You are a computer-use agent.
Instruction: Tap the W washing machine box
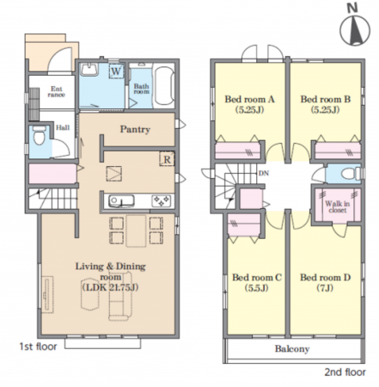click(x=116, y=71)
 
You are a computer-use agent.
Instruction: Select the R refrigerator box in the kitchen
click(x=167, y=159)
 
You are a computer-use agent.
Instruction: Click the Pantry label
click(x=135, y=130)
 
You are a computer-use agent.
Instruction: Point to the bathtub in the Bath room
click(x=164, y=85)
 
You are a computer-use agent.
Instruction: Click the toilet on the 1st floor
click(x=39, y=136)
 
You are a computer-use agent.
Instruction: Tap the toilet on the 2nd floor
click(x=351, y=174)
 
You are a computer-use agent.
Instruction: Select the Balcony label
click(x=292, y=349)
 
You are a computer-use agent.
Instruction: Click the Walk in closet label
click(x=338, y=206)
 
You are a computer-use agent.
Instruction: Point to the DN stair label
click(x=264, y=173)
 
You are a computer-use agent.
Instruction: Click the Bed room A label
click(x=249, y=99)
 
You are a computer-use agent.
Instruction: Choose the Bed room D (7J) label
click(x=325, y=282)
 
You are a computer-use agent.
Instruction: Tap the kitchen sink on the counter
click(x=121, y=201)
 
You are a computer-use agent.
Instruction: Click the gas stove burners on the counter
click(x=161, y=200)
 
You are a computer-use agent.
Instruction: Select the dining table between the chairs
click(x=136, y=230)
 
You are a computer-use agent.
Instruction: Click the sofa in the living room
click(x=119, y=296)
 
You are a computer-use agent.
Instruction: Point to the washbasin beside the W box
click(x=89, y=69)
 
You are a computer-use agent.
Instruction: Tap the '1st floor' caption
click(x=38, y=347)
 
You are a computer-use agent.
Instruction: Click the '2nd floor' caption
click(x=345, y=372)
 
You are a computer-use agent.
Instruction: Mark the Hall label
click(x=63, y=127)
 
